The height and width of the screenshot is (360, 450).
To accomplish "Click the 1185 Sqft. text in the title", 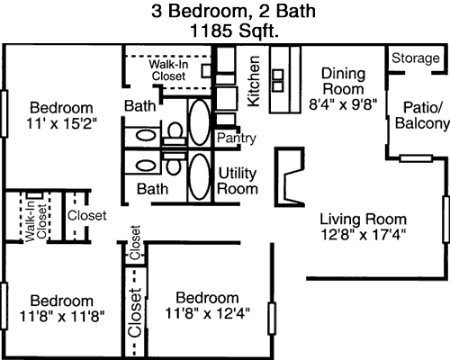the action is (234, 31).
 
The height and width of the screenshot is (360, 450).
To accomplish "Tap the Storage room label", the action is (416, 58).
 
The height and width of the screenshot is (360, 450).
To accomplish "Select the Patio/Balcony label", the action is (422, 115).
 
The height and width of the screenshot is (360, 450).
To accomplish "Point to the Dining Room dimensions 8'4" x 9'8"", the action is (343, 105).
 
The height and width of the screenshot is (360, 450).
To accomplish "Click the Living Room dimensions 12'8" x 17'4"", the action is (364, 235).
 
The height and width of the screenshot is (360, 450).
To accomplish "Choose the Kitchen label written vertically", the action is (253, 81).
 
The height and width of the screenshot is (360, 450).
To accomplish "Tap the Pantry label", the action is (237, 138).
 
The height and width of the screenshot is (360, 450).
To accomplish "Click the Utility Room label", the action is (238, 181).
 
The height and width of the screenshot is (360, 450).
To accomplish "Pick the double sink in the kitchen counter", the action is (278, 80).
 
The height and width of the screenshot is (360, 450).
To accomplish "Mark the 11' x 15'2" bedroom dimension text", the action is (62, 123).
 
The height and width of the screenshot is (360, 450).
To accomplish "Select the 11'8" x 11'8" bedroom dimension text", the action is (62, 316).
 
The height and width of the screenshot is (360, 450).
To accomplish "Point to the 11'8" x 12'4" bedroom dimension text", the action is (207, 313).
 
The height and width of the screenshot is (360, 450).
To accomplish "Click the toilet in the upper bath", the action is (175, 135).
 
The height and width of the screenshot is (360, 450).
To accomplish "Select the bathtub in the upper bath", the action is (200, 122).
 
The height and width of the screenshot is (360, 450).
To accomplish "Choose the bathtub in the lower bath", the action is (200, 177).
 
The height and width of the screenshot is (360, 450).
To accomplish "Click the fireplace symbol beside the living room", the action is (289, 177).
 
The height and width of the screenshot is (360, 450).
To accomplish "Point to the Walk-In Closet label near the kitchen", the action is (168, 70).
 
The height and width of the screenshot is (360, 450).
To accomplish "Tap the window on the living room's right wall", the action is (446, 220).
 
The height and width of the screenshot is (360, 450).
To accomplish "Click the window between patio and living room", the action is (416, 158).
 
